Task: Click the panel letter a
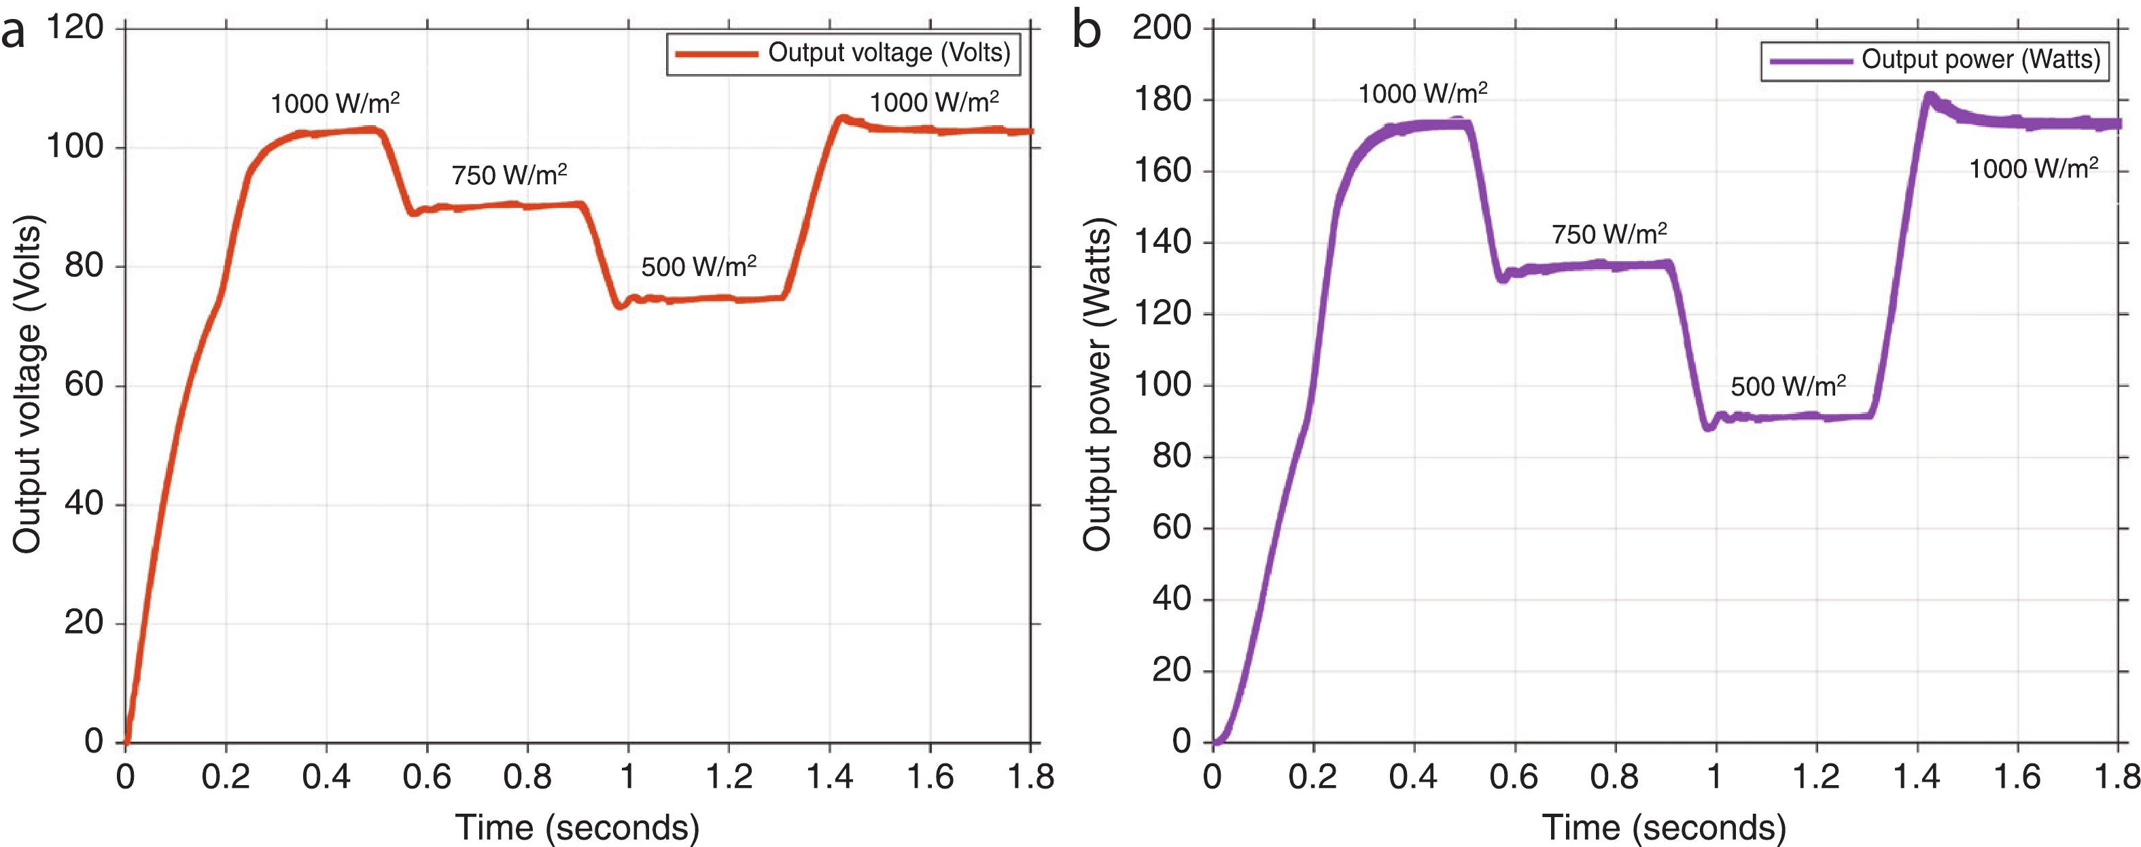(x=14, y=33)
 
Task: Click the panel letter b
(x=1086, y=31)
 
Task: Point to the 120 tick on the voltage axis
(x=75, y=29)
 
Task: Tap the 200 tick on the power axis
(x=1162, y=29)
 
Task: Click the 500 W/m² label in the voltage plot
(x=698, y=267)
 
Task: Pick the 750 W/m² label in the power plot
(x=1609, y=235)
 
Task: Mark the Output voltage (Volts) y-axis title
(x=27, y=384)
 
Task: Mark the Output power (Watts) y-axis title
(x=1097, y=384)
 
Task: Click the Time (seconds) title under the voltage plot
(x=577, y=827)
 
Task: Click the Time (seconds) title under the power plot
(x=1664, y=827)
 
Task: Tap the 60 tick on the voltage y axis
(x=84, y=385)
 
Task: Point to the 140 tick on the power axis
(x=1162, y=242)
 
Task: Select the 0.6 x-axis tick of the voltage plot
(x=426, y=777)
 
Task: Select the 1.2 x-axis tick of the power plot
(x=1816, y=777)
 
